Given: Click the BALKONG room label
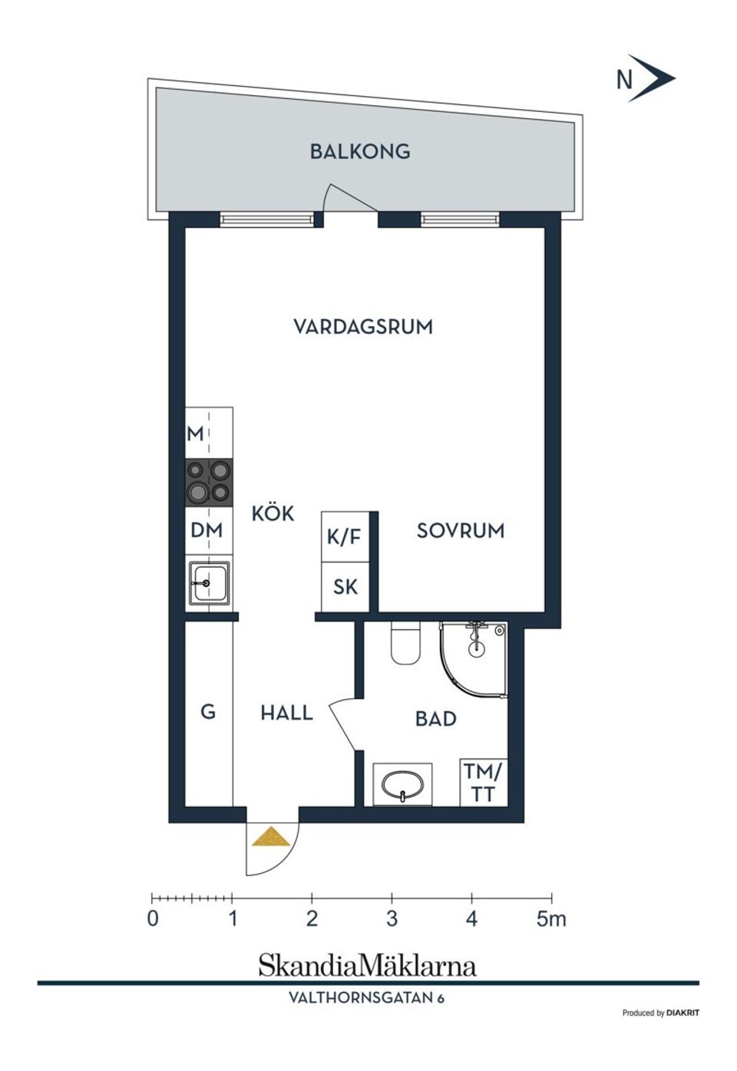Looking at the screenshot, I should pos(359,151).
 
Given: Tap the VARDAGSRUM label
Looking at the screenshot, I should pos(363,327).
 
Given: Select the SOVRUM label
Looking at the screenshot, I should pos(461,531).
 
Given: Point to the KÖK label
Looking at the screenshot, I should pos(273,513).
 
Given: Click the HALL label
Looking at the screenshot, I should pos(286,713).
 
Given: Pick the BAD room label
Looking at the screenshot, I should pos(436,719).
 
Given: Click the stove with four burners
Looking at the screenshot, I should pos(209,483).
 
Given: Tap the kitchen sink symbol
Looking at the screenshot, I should pos(209,583).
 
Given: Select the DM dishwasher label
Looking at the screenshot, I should pos(207,530).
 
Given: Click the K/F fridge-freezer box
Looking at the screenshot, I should pos(344,536).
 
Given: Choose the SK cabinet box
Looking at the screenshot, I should pos(345,587).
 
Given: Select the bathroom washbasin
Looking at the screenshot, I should pos(402,785).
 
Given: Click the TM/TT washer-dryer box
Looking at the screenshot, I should pos(483,783).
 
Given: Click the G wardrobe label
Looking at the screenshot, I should pos(208,712).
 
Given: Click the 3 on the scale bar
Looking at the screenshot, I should pos(392,918).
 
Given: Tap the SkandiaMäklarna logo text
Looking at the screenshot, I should pos(367,965).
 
